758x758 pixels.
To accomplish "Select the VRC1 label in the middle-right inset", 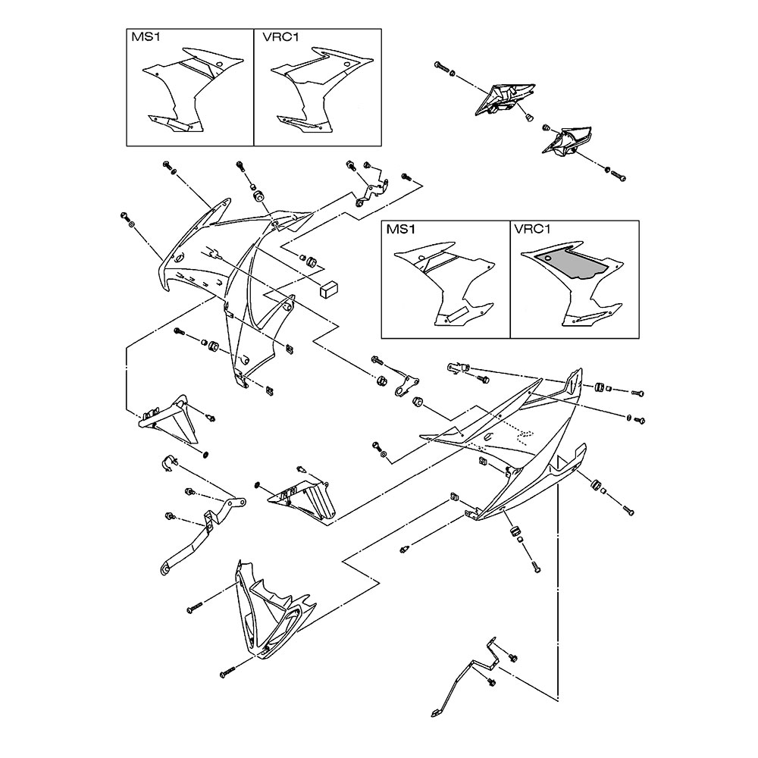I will point(532,228).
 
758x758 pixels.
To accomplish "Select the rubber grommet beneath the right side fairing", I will point(516,528).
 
